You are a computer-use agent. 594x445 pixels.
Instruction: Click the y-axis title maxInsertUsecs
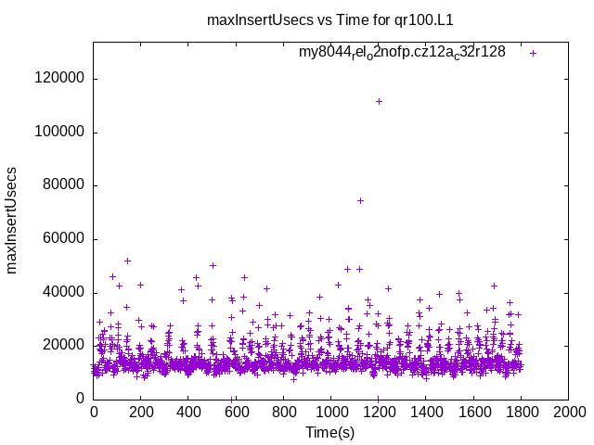[x=12, y=220]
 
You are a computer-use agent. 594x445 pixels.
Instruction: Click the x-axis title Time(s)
[x=330, y=432]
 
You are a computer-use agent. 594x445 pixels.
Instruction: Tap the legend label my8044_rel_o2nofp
[x=402, y=53]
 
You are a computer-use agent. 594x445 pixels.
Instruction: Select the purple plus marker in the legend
[x=533, y=53]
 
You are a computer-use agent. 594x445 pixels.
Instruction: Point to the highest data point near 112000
[x=379, y=101]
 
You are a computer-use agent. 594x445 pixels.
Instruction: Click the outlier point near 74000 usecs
[x=360, y=200]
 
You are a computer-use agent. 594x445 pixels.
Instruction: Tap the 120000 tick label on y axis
[x=59, y=79]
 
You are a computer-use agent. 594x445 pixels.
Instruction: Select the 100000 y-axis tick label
[x=59, y=133]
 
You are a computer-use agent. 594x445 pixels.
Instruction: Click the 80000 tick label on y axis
[x=63, y=185]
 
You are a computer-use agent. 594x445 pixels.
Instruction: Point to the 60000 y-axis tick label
[x=63, y=239]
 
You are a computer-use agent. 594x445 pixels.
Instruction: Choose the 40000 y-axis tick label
[x=63, y=293]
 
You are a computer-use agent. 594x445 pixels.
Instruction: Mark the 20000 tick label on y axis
[x=63, y=346]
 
